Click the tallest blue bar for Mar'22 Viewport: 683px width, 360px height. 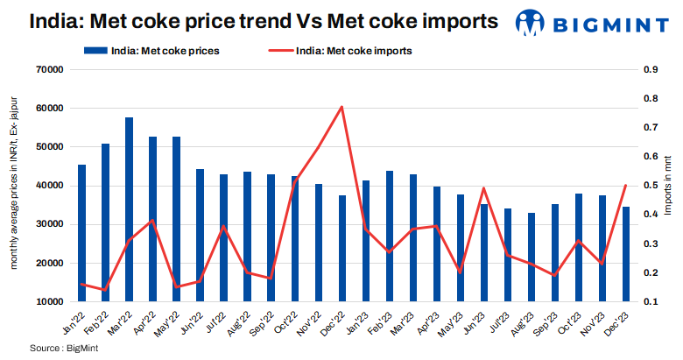[x=130, y=209]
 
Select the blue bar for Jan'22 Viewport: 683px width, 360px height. [x=82, y=233]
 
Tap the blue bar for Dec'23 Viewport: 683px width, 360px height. [x=625, y=254]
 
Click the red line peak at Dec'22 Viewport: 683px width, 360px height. [x=341, y=107]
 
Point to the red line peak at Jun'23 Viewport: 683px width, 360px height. [x=483, y=187]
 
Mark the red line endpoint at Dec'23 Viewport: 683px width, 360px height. [x=625, y=185]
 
